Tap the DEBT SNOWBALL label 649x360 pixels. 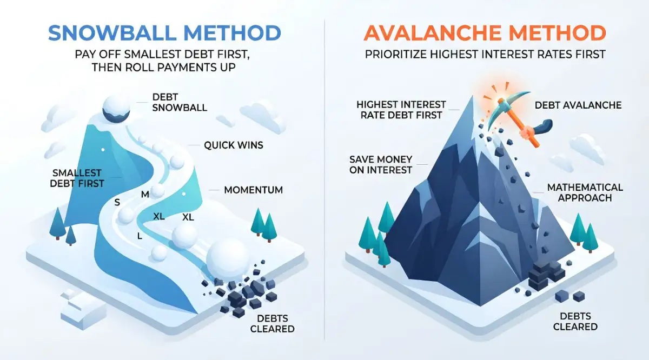tap(180, 102)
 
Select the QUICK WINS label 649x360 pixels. tap(234, 145)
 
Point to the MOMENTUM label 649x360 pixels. tap(254, 190)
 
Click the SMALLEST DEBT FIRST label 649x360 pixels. tap(77, 178)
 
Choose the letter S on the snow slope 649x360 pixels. tap(117, 202)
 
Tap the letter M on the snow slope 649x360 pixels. tap(145, 195)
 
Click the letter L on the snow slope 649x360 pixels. tap(140, 236)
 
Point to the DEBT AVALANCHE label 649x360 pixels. tap(578, 105)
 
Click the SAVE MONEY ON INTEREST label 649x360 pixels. tap(381, 164)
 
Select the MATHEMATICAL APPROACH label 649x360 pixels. tap(585, 192)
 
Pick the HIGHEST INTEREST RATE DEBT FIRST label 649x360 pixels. tap(401, 110)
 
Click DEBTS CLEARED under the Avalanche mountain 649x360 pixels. tap(575, 321)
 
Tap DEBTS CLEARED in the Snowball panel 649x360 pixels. tap(273, 323)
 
